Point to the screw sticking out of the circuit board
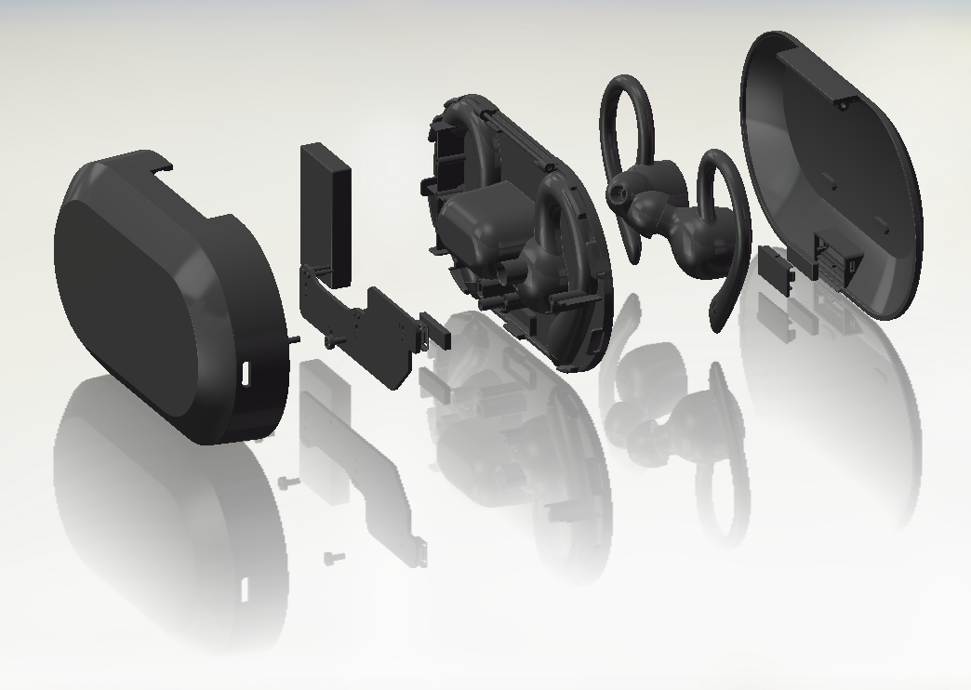pos(330,341)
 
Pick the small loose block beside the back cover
pos(776,269)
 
